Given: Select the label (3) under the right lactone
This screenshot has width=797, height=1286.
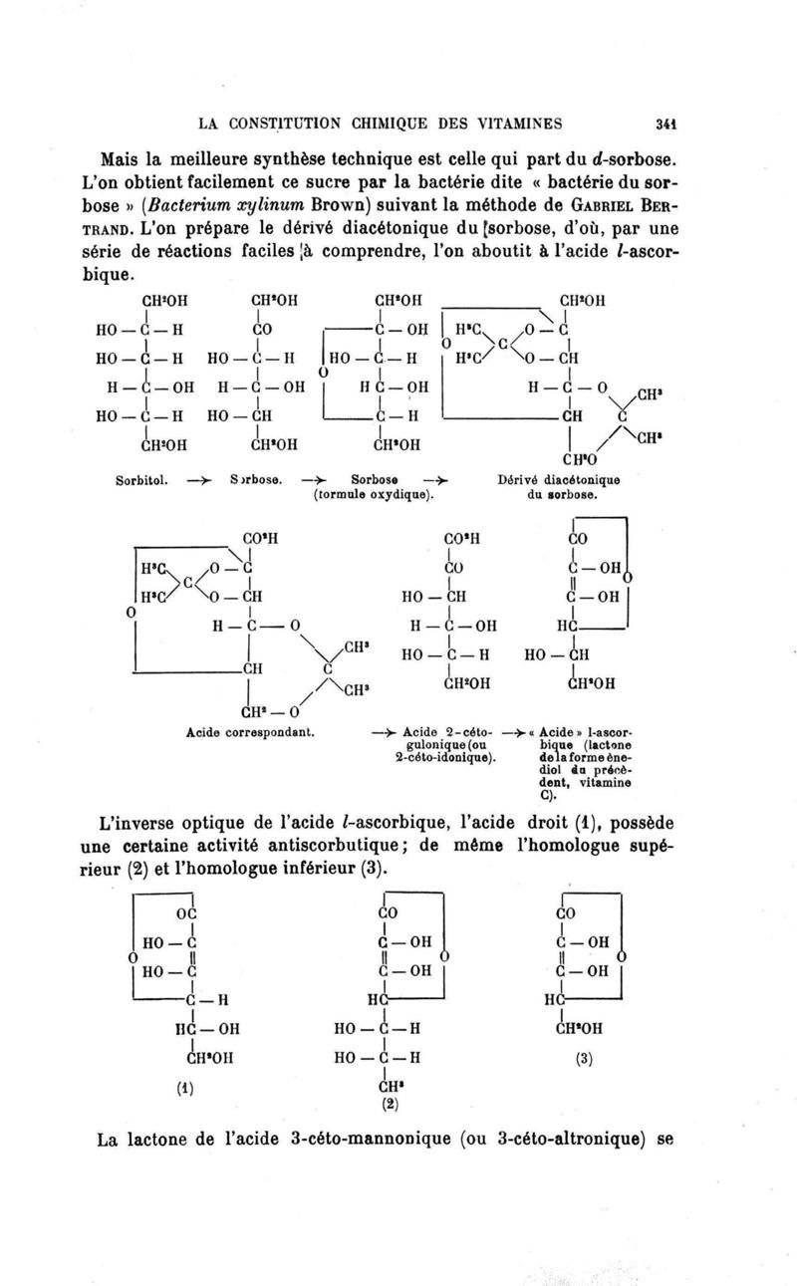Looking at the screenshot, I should tap(584, 1061).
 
